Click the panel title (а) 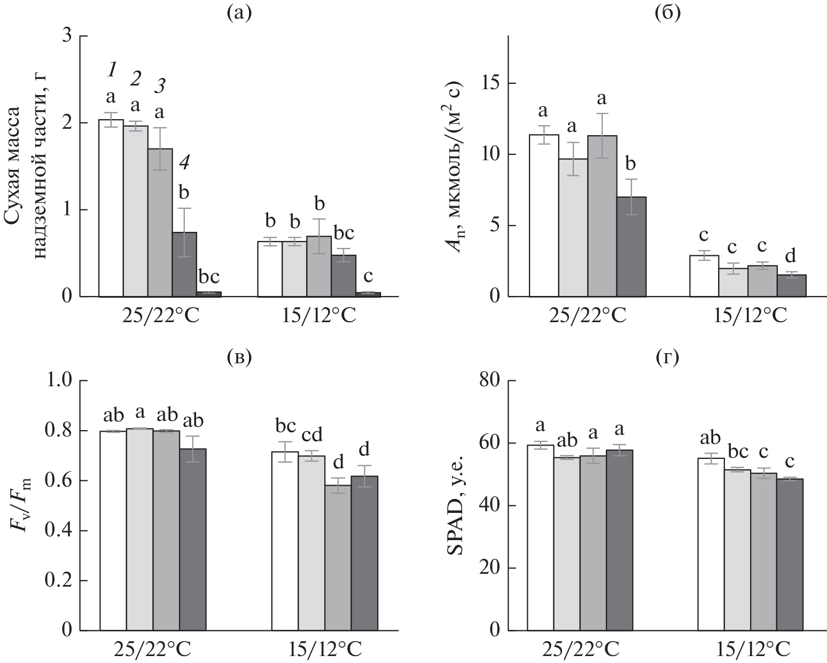pyautogui.click(x=238, y=13)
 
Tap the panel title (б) pyautogui.click(x=667, y=13)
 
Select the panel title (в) pyautogui.click(x=238, y=356)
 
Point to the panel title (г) pyautogui.click(x=667, y=356)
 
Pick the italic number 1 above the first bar pyautogui.click(x=112, y=69)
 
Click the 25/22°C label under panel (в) pyautogui.click(x=153, y=650)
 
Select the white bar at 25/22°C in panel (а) pyautogui.click(x=111, y=208)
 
